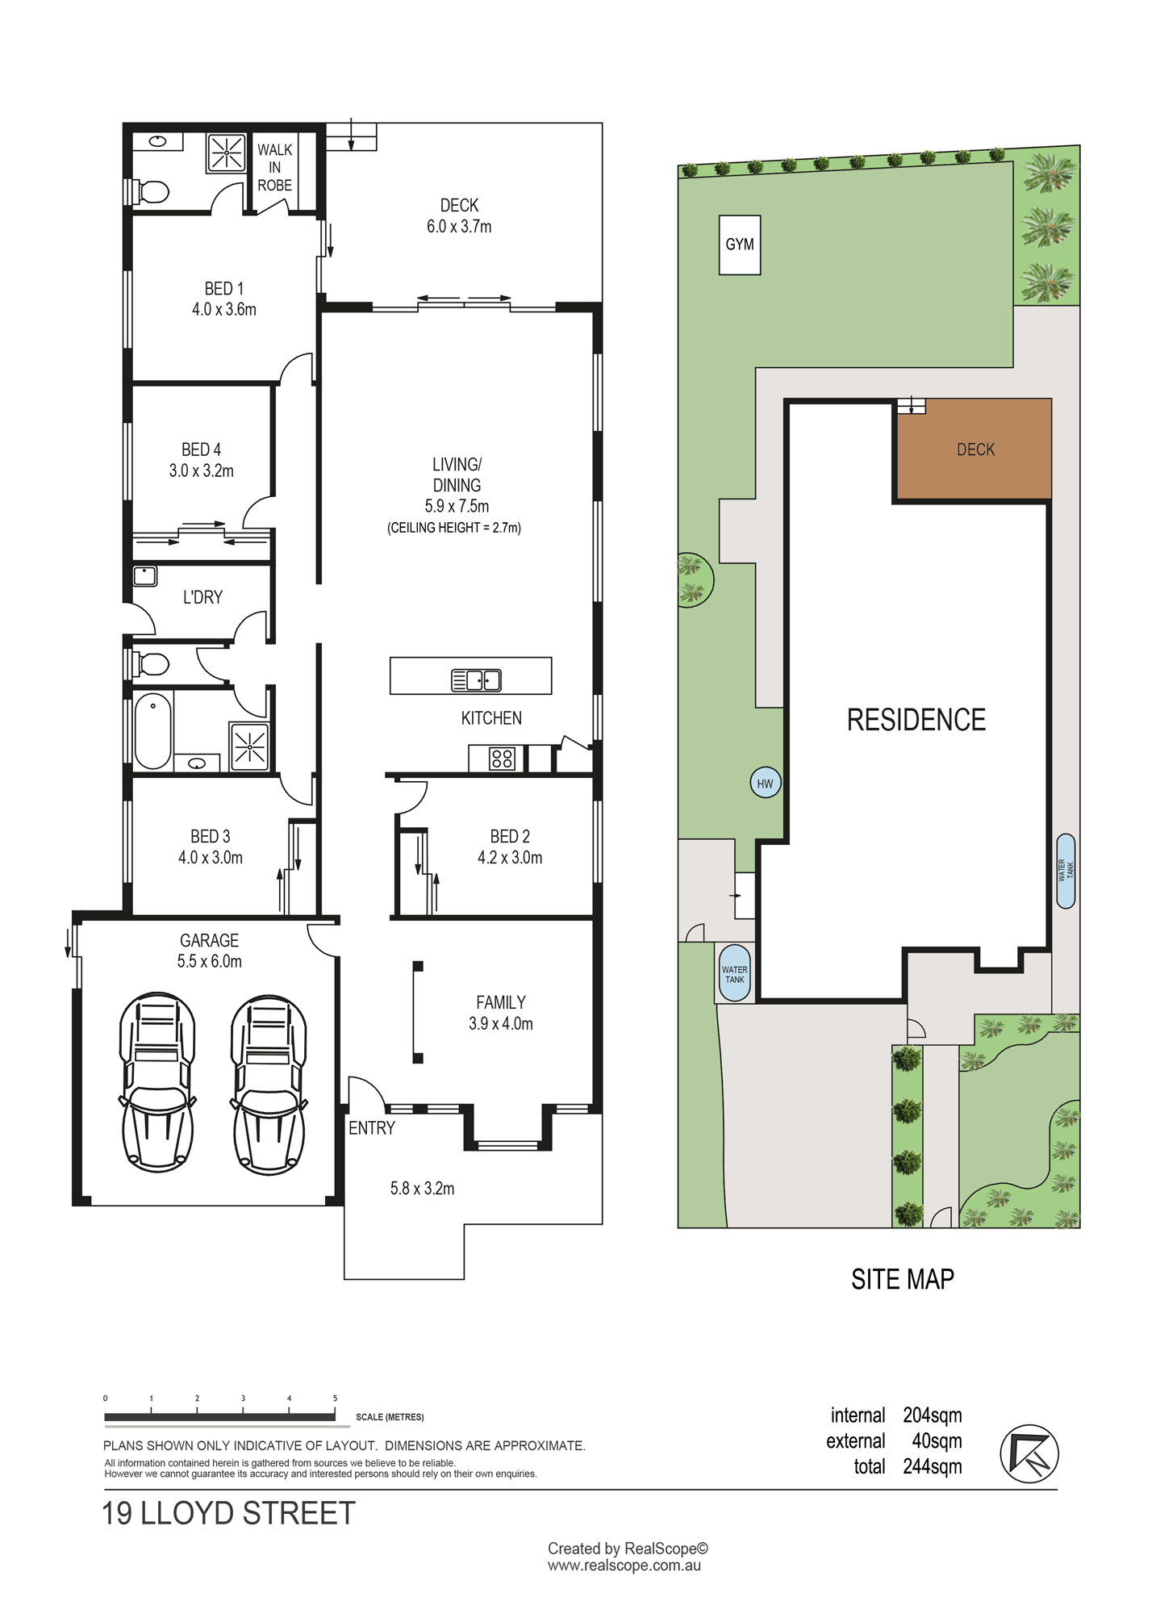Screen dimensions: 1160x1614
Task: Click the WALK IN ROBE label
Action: (274, 167)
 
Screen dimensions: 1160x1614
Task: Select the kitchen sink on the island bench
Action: (476, 680)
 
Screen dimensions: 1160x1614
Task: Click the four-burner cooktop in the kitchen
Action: (502, 759)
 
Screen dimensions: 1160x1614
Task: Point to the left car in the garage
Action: (157, 1082)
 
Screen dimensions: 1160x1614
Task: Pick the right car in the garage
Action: (269, 1084)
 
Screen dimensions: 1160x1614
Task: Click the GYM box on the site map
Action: (740, 245)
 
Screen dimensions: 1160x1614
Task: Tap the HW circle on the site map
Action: (765, 783)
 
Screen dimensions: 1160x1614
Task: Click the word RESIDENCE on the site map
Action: (916, 720)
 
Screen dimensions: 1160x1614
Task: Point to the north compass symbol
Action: (1029, 1453)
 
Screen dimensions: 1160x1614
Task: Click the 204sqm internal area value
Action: (933, 1415)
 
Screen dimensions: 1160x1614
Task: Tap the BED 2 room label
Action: (510, 837)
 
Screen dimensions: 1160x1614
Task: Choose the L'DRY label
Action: (202, 597)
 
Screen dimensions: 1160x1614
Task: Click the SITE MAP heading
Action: (903, 1279)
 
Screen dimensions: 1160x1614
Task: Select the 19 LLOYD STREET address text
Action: (228, 1513)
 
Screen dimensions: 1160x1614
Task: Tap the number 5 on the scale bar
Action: (335, 1399)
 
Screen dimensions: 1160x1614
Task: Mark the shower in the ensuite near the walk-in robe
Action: (227, 153)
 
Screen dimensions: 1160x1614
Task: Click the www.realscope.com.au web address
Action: (624, 1566)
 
